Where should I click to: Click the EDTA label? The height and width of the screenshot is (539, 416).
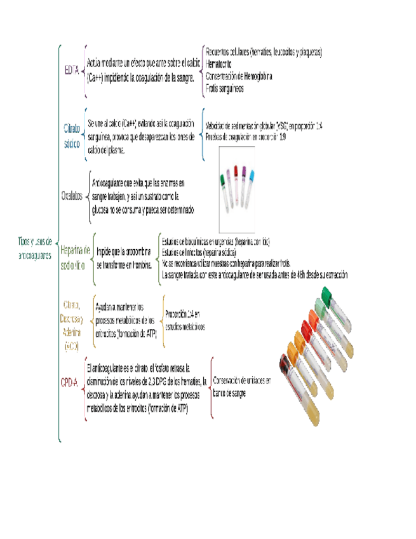tap(72, 70)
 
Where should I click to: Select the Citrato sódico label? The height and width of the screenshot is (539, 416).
tap(72, 136)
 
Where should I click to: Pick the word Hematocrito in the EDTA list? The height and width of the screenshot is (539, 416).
tap(218, 65)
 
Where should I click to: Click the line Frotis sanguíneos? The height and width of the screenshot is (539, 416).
tap(225, 88)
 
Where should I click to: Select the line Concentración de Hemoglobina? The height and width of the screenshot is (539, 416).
tap(239, 77)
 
